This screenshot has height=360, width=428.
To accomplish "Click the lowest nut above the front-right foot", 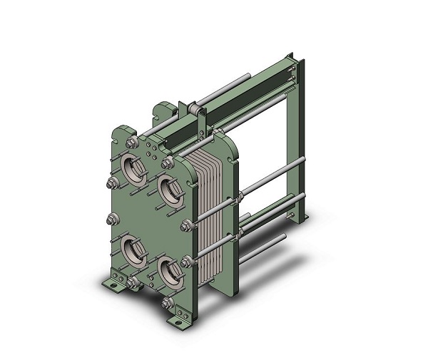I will (x=167, y=304).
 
